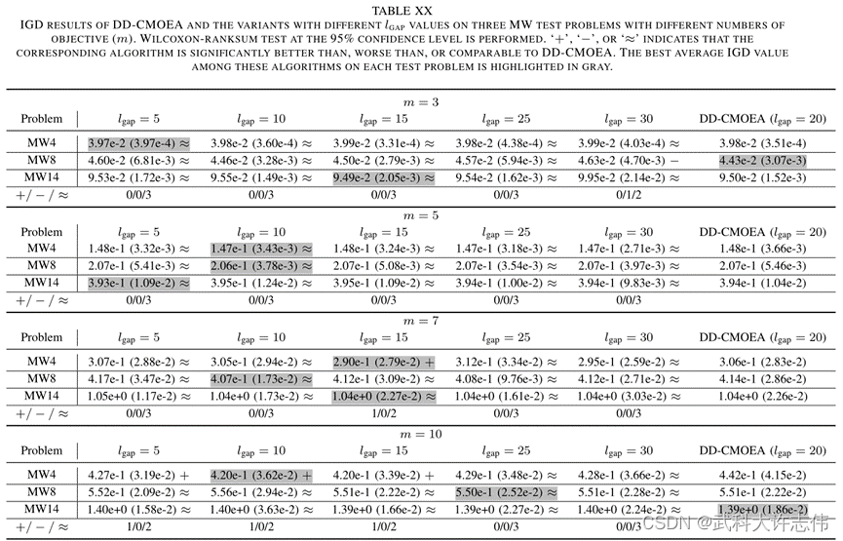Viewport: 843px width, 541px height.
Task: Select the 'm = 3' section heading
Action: pyautogui.click(x=421, y=101)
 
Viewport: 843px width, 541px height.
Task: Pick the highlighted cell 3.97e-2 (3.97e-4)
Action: pyautogui.click(x=133, y=143)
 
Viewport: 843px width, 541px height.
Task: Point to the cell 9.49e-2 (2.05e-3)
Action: pyautogui.click(x=384, y=177)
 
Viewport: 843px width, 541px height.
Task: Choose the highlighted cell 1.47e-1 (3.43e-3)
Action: pyautogui.click(x=260, y=250)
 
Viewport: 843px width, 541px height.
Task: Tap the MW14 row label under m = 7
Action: pyautogui.click(x=40, y=396)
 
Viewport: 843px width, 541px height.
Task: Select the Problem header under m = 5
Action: pyautogui.click(x=41, y=232)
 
